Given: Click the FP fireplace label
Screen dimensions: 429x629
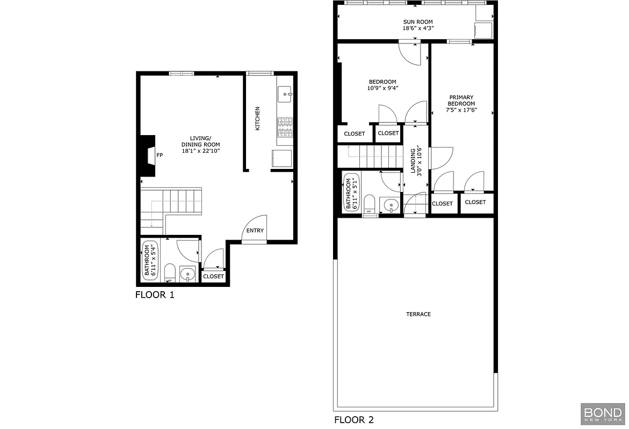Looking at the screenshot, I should click(x=160, y=156).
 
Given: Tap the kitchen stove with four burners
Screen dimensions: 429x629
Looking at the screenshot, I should click(x=285, y=128).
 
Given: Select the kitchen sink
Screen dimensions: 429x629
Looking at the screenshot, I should click(x=285, y=94).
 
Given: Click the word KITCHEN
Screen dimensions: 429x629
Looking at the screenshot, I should click(x=257, y=119).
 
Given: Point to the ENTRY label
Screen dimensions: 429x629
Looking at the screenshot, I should click(x=255, y=231).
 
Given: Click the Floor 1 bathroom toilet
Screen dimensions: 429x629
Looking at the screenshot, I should click(x=169, y=272).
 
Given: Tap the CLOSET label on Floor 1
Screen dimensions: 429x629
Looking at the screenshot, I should click(x=214, y=277).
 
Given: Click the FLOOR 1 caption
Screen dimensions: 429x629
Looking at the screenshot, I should click(x=155, y=295).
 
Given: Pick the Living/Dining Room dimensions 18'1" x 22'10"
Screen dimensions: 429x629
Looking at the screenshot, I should click(x=200, y=151).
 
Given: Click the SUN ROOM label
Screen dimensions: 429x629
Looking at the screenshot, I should click(x=418, y=22).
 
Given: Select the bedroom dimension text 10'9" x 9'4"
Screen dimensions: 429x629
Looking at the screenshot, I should click(x=382, y=88).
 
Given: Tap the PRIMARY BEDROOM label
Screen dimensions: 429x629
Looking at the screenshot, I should click(x=461, y=100).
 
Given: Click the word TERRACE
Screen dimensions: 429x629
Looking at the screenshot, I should click(x=418, y=314).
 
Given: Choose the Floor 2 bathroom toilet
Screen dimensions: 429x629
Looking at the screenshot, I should click(x=369, y=205).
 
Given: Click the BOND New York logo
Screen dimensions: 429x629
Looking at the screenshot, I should click(x=602, y=414).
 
